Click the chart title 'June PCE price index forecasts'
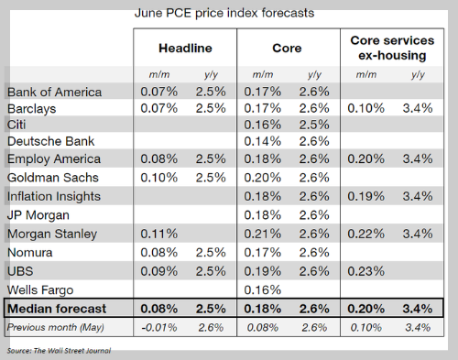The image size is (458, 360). tap(224, 13)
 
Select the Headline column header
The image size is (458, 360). tap(185, 49)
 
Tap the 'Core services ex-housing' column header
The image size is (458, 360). tap(392, 48)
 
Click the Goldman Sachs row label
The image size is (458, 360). tap(53, 178)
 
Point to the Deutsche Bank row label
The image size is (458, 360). tap(50, 141)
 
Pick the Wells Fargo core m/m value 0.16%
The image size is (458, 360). tap(263, 289)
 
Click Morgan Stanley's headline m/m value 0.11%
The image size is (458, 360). tap(159, 234)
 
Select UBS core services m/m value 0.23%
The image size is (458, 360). tap(366, 271)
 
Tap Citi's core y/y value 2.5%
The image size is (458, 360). tap(314, 125)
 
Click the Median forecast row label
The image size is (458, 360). tap(57, 309)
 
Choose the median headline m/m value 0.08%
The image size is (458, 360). tap(159, 309)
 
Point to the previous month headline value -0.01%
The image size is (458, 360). tap(159, 328)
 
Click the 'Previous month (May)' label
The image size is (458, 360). tap(56, 327)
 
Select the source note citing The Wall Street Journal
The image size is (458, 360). tap(59, 351)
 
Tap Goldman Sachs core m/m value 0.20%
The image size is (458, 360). tap(263, 178)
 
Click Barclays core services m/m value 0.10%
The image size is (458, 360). tap(366, 108)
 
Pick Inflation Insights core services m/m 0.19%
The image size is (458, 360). tap(366, 196)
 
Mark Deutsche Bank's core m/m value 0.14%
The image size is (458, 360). tap(263, 141)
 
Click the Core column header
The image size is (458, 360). tap(287, 49)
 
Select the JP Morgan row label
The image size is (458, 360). tap(38, 215)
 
